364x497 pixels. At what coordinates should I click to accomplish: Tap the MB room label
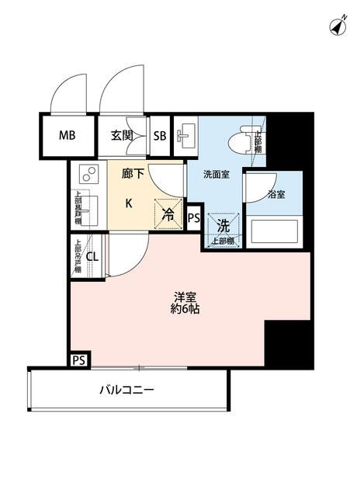(68, 136)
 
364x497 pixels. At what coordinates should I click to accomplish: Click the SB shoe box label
(160, 136)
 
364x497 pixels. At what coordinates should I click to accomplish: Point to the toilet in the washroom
(244, 140)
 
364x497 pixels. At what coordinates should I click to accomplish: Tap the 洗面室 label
(215, 175)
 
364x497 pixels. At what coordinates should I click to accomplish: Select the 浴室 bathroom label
(276, 194)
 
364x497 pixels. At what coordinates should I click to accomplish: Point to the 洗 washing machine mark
(222, 228)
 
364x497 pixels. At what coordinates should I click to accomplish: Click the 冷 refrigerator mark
(168, 214)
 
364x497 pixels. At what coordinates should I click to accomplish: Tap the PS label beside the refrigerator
(194, 218)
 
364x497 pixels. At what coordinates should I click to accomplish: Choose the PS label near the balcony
(78, 360)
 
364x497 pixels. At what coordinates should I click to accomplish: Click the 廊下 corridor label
(133, 175)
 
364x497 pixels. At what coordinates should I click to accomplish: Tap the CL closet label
(92, 257)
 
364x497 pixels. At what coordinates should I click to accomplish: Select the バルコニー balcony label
(126, 391)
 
